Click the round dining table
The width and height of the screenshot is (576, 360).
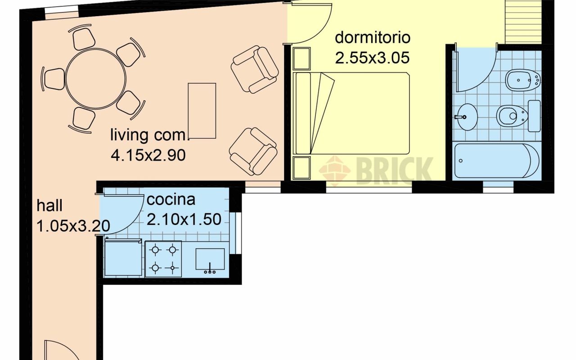coord(96,78)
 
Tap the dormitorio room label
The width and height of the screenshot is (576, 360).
coord(373,37)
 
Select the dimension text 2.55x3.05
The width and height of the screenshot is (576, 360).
coord(372,58)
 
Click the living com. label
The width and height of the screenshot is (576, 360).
coord(150,135)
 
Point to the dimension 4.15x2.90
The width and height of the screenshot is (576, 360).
coord(148,155)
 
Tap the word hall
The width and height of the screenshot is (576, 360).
coord(49,206)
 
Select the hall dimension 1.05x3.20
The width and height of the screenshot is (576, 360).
coord(73,226)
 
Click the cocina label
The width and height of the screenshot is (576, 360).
coord(171,199)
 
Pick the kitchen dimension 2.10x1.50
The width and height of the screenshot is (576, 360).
coord(184,219)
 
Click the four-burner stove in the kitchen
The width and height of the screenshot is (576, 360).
coord(163,259)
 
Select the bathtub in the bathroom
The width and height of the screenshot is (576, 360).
coord(497,161)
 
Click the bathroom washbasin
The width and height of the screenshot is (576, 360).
coord(467,117)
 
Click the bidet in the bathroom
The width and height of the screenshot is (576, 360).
coord(523,80)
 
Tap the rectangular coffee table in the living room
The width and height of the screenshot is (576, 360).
coord(202,111)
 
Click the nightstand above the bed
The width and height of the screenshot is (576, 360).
coord(301,58)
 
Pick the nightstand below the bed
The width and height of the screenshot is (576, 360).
coord(301,168)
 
